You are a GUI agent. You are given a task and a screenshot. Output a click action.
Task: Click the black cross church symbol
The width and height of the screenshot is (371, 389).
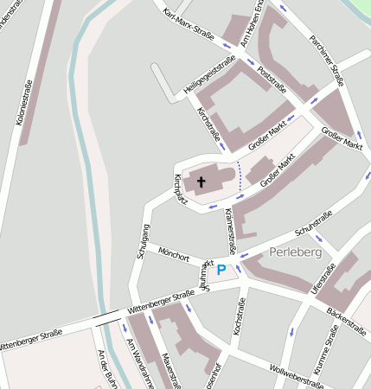pos(201,182)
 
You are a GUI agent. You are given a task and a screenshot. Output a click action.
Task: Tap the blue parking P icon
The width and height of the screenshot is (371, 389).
pos(221,271)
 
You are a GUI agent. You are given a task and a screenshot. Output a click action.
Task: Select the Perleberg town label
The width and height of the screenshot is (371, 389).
pos(295,252)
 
